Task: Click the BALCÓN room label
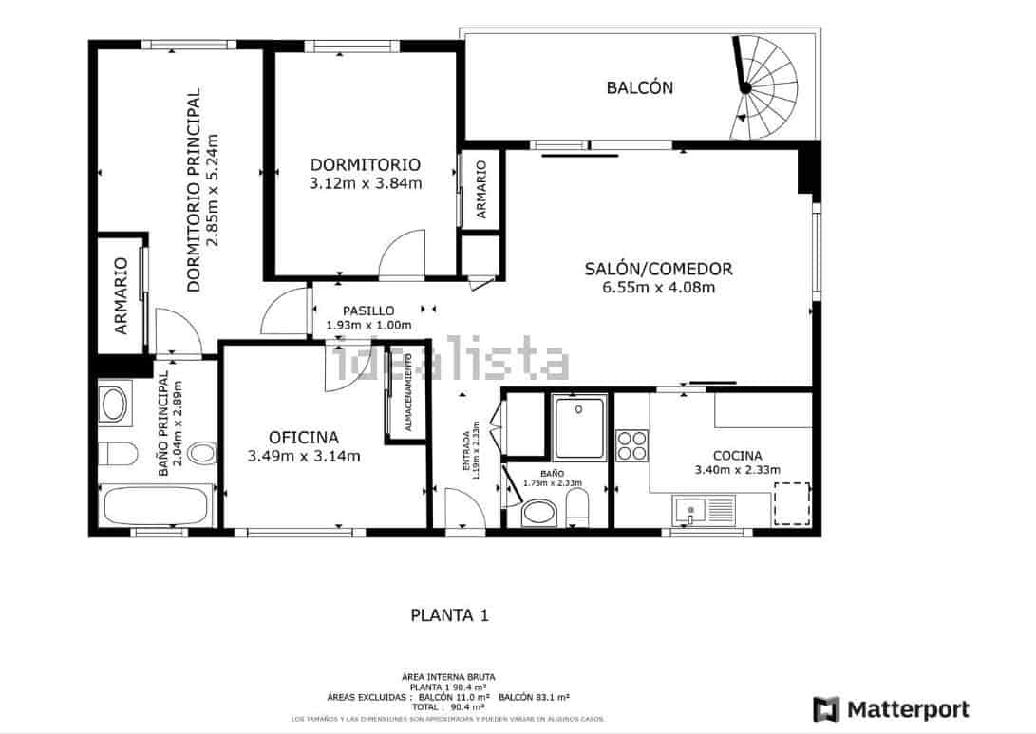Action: (639, 87)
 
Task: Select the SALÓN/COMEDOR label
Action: (658, 269)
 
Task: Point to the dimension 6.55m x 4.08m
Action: (658, 288)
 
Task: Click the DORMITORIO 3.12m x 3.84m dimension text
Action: (366, 183)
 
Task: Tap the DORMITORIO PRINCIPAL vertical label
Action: (194, 189)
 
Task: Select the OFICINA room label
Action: (304, 437)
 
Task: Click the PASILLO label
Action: (368, 311)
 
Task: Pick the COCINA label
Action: (737, 455)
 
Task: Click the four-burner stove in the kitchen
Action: (632, 444)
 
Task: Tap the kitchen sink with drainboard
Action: (706, 511)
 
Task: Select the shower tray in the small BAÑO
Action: (578, 427)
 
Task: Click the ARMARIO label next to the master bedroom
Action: (121, 296)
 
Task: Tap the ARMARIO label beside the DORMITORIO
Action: (481, 190)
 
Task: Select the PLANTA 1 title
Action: (449, 614)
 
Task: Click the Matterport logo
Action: (891, 709)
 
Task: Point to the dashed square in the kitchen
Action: (791, 503)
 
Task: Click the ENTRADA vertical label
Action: (466, 449)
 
